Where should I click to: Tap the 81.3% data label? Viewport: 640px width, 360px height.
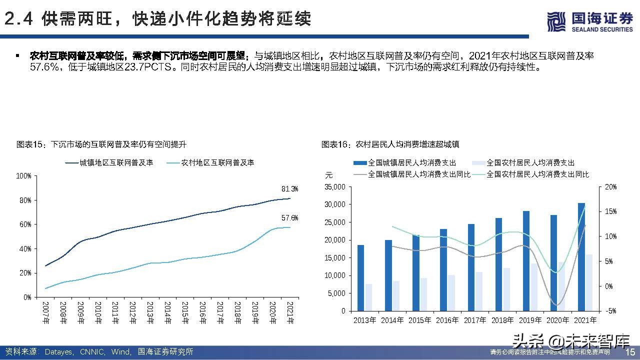[290, 189]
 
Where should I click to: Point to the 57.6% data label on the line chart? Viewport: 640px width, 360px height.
[290, 218]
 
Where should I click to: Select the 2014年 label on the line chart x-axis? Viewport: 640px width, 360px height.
[167, 312]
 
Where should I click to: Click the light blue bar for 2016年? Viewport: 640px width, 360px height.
[451, 292]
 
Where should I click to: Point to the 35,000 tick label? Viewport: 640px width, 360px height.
[335, 187]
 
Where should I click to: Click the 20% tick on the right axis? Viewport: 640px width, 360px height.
[610, 187]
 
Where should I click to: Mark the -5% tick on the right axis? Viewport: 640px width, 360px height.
[610, 310]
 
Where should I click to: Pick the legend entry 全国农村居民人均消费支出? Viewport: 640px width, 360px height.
[530, 162]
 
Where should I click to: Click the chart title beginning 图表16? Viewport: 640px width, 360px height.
[390, 144]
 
